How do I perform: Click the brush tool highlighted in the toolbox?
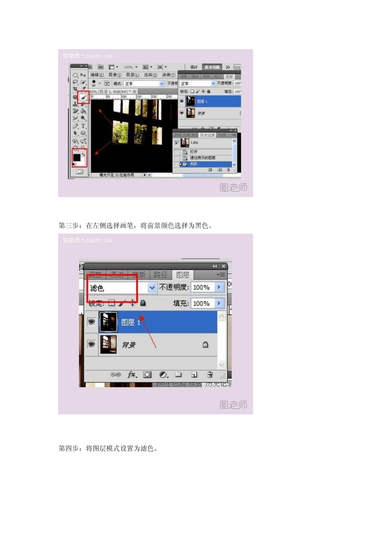click(83, 97)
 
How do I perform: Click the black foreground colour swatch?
click(77, 157)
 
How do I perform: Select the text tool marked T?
click(83, 126)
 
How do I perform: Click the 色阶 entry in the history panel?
click(194, 164)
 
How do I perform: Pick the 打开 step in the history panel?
click(194, 152)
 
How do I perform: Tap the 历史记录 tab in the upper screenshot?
click(207, 135)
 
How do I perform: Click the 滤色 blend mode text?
click(97, 288)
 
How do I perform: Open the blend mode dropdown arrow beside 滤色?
click(152, 288)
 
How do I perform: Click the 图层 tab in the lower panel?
click(182, 275)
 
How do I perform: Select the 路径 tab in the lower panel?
click(160, 275)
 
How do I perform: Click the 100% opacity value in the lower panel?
click(201, 287)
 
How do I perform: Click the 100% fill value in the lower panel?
click(201, 303)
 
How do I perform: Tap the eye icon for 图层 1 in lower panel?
click(91, 322)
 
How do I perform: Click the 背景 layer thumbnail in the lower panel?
click(108, 344)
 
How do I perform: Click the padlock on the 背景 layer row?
click(205, 344)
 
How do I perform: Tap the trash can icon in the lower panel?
click(210, 375)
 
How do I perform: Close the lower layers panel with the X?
click(223, 266)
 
